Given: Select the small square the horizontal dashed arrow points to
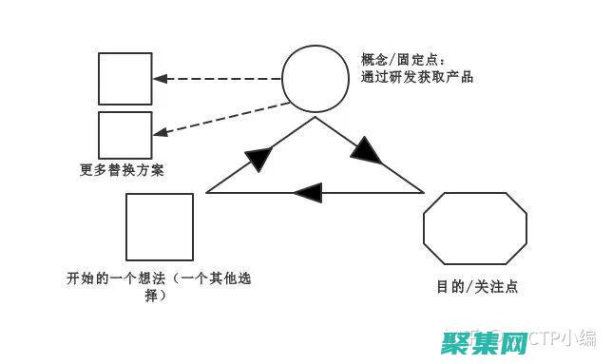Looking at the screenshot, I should (x=125, y=78).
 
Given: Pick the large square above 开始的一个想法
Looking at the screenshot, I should (x=160, y=227).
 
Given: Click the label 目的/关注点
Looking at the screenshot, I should (x=477, y=285).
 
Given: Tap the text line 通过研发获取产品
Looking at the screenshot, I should (x=416, y=78).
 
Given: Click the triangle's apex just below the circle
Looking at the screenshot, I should (x=315, y=119).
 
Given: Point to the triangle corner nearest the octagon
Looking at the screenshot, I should (x=423, y=193).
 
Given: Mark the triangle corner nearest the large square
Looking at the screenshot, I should (x=207, y=193).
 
